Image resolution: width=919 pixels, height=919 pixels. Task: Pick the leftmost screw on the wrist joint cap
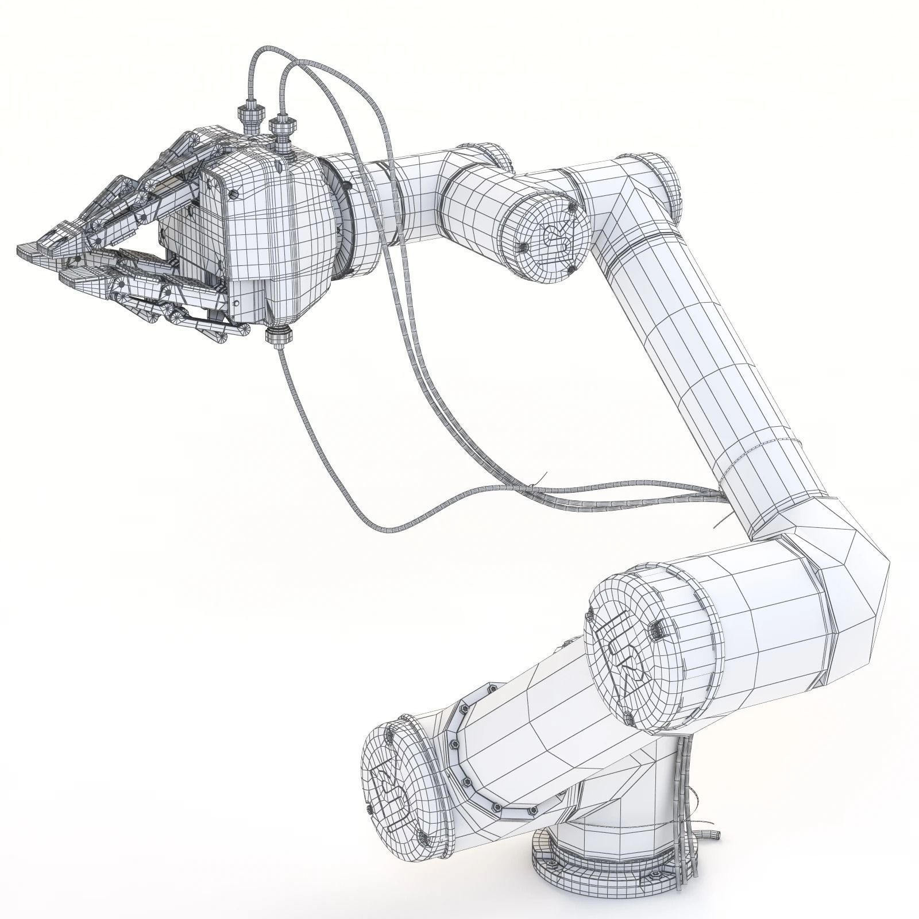pyautogui.click(x=523, y=247)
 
